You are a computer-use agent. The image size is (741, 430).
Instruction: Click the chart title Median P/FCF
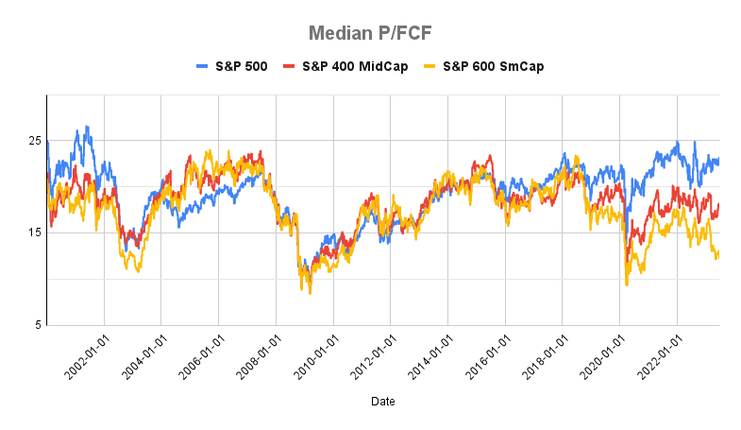click(x=370, y=35)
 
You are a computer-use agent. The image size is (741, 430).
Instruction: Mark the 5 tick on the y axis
click(x=38, y=325)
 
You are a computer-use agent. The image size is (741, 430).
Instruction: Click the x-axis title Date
click(x=382, y=402)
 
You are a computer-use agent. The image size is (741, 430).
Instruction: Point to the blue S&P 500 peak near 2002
click(x=88, y=127)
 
